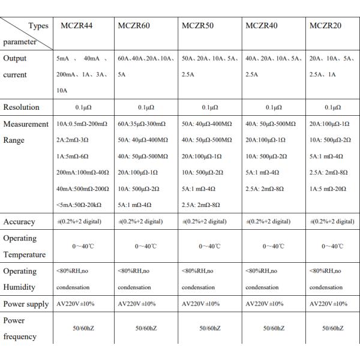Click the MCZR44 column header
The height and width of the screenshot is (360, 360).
(76, 26)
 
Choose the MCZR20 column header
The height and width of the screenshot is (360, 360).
(325, 26)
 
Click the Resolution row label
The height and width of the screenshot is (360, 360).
(22, 107)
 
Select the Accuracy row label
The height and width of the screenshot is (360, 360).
(20, 221)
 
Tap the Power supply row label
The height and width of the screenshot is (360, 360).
(26, 304)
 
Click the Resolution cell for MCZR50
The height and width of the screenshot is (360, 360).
(210, 107)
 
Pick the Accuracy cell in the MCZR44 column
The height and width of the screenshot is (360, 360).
(79, 221)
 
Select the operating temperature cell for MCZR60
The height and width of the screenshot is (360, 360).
(146, 246)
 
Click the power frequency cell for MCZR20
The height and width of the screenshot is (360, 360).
(332, 328)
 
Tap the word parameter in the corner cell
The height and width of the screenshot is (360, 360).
(20, 42)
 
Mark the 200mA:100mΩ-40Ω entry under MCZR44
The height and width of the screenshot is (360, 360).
(83, 172)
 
